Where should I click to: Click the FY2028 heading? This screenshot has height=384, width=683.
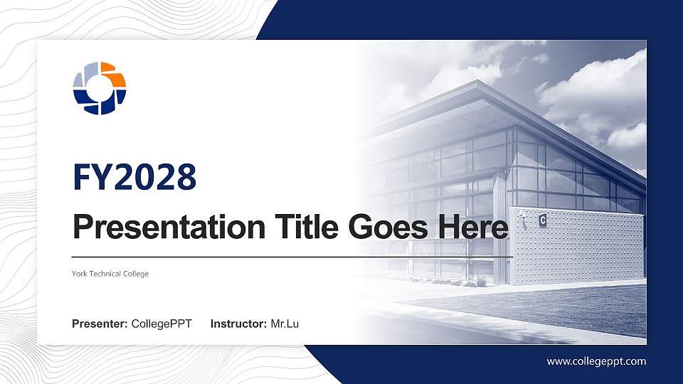pos(134,177)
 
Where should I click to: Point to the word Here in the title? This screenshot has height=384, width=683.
pos(473,228)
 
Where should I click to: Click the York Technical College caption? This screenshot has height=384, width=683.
pos(110,274)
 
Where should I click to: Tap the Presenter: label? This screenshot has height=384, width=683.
pos(100,324)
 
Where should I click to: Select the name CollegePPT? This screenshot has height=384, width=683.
pos(162,324)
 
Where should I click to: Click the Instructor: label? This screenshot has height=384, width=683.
pos(239,324)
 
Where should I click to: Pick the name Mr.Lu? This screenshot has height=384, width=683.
pos(285,324)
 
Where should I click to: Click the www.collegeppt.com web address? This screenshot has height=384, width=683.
pos(596,361)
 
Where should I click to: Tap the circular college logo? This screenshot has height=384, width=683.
pos(100,88)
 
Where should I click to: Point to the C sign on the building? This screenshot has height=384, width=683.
pos(543,220)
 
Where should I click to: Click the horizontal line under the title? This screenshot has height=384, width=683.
pos(292,256)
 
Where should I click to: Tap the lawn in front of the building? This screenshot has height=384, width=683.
pos(569,306)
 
